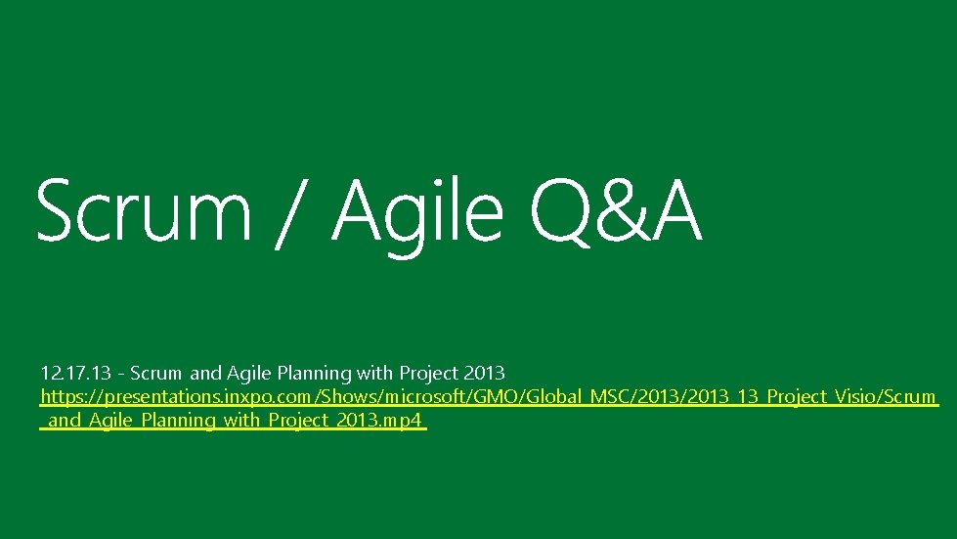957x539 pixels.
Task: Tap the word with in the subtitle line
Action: (375, 373)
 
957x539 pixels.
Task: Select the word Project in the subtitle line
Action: (429, 373)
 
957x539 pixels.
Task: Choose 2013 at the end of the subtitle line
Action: (485, 373)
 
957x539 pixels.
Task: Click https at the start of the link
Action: (64, 397)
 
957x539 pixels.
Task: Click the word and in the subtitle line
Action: (205, 373)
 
